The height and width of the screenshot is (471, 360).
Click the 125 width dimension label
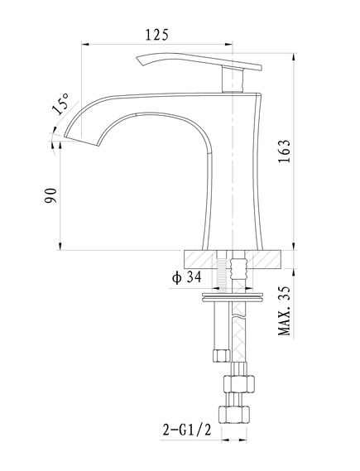click(156, 35)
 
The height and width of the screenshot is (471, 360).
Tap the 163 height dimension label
click(284, 151)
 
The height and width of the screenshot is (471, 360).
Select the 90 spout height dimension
click(50, 195)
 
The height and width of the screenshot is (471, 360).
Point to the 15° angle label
click(60, 103)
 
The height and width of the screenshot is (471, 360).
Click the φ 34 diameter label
click(186, 277)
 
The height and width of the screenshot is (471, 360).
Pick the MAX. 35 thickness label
click(285, 310)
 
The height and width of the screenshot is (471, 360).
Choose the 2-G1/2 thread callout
click(187, 430)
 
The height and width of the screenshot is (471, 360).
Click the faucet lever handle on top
click(199, 62)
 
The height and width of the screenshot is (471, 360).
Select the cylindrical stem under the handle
click(232, 80)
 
